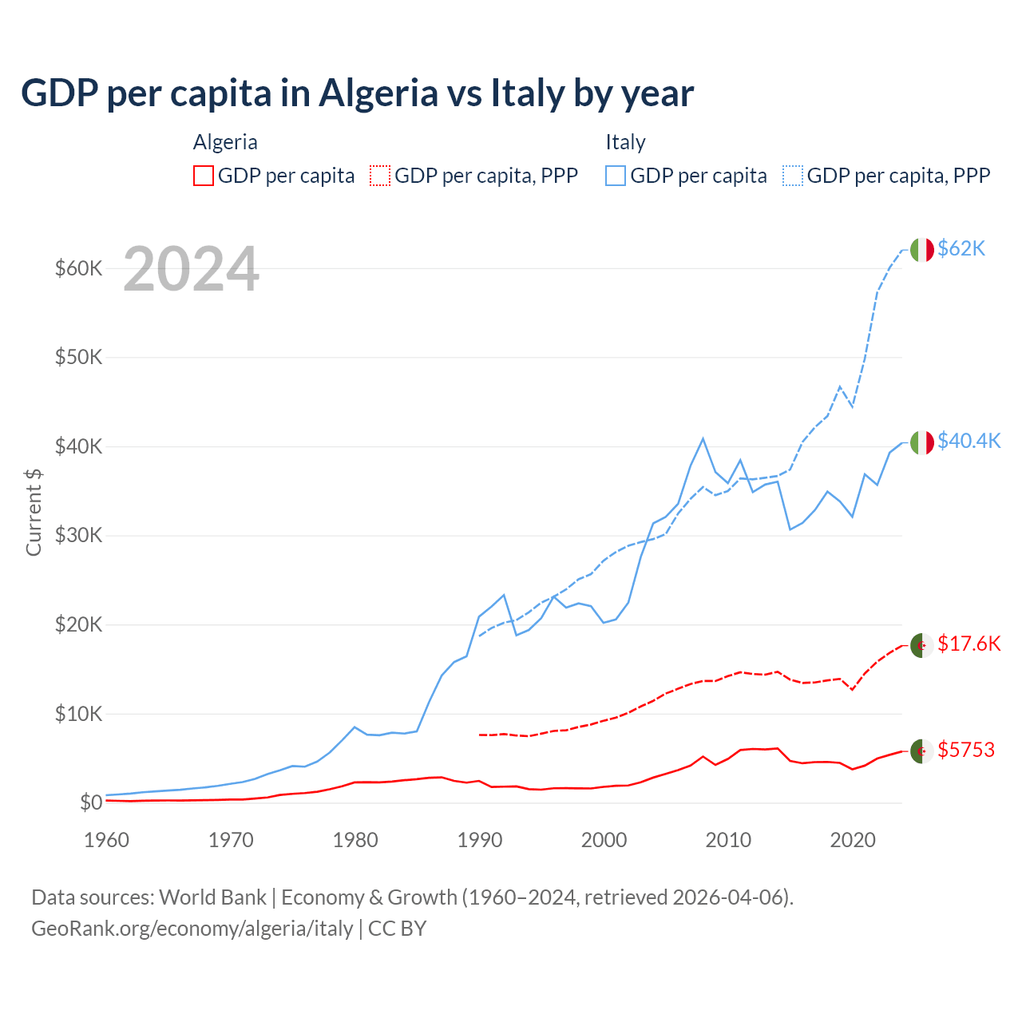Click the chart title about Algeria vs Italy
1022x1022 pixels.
(357, 93)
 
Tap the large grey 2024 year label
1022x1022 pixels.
(191, 270)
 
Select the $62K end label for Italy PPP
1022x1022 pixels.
(961, 249)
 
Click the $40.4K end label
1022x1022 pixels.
(969, 442)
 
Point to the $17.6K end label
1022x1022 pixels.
(969, 644)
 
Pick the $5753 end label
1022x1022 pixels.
(965, 751)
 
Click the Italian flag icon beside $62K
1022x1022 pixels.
(921, 250)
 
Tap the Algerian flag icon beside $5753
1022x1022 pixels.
(921, 751)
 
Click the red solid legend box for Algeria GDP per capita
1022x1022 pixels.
(204, 176)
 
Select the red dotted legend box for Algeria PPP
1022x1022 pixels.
(380, 176)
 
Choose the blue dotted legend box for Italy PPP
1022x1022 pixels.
(793, 176)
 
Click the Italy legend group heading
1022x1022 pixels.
(625, 143)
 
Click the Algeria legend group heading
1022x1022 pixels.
(225, 143)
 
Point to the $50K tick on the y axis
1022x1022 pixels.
(78, 357)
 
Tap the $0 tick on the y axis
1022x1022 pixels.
(91, 802)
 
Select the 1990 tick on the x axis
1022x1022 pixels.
(480, 840)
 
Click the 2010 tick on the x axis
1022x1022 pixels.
(728, 840)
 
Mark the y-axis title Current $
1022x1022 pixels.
(34, 512)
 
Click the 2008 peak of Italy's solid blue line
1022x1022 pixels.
(703, 438)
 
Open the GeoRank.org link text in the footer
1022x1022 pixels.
(192, 929)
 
